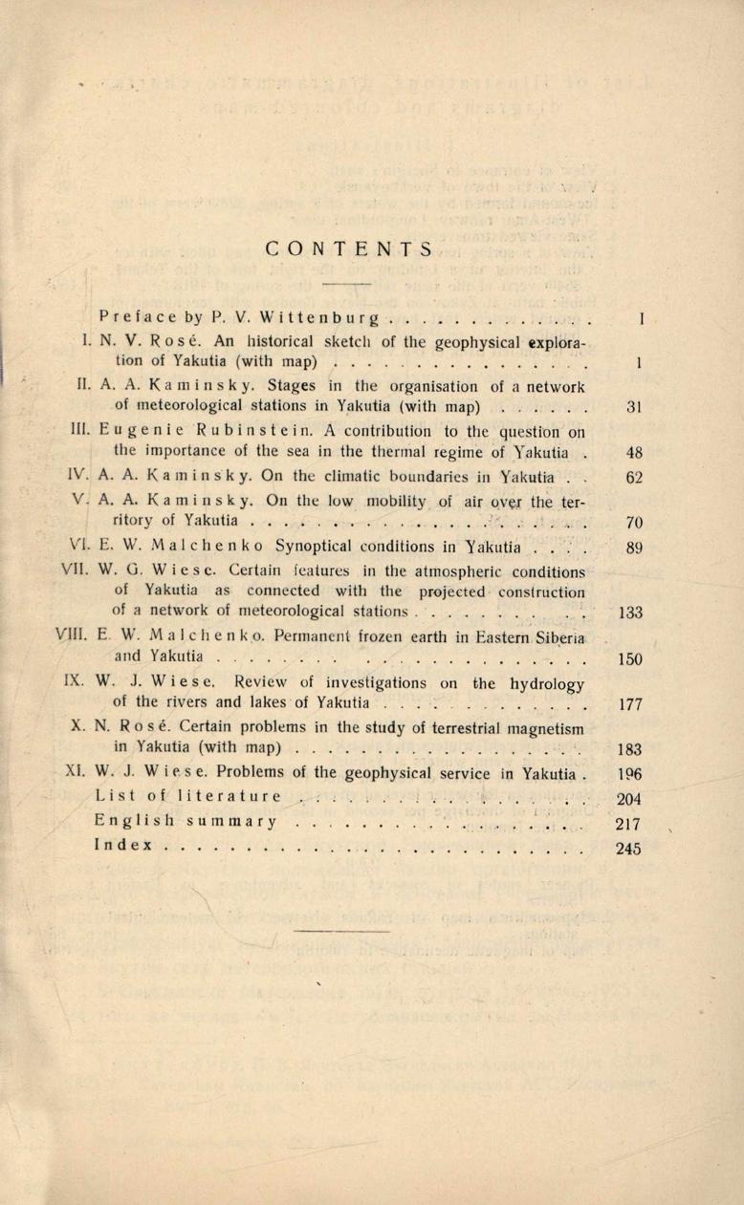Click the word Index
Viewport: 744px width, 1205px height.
click(123, 847)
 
